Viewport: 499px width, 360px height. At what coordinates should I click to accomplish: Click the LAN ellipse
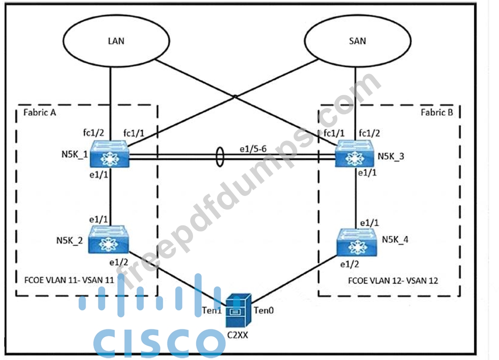pyautogui.click(x=117, y=41)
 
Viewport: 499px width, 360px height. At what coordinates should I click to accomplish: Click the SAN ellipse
pyautogui.click(x=358, y=41)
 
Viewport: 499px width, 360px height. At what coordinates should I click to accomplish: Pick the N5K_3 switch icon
pyautogui.click(x=353, y=154)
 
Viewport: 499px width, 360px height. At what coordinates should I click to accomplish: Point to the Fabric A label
pyautogui.click(x=39, y=112)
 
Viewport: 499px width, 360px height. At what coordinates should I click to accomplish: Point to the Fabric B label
pyautogui.click(x=436, y=112)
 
